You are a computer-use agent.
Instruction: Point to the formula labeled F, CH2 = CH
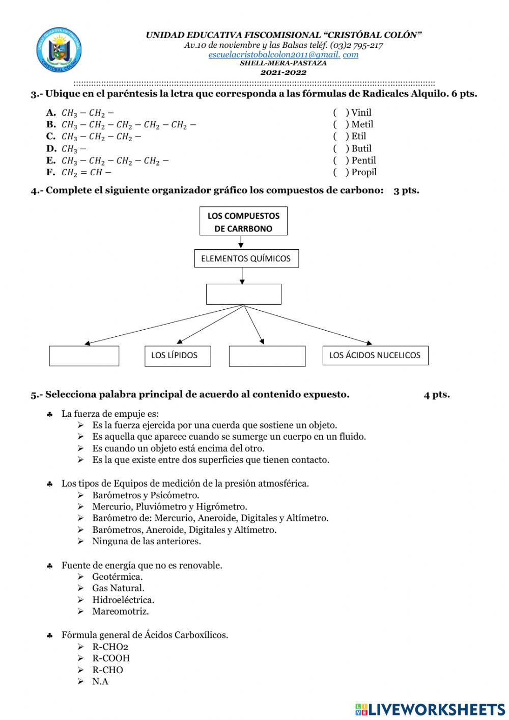[86, 172]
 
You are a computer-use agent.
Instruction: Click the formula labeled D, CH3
[74, 149]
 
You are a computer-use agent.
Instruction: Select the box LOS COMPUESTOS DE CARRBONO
[243, 222]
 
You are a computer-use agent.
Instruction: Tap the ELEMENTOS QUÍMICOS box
[246, 258]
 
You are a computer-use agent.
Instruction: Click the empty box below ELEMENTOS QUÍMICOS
[243, 294]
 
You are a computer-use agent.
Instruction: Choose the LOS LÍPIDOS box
[177, 356]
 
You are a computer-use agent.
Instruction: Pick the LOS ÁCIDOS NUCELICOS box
[375, 355]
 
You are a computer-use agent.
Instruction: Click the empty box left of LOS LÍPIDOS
[84, 356]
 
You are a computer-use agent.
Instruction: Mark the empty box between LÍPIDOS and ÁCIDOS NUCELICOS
[267, 356]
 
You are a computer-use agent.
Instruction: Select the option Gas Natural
[118, 588]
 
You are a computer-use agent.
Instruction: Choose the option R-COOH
[111, 658]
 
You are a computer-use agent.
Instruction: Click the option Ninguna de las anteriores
[146, 541]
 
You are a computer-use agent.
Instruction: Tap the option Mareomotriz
[120, 611]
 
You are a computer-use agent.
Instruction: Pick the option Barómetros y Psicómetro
[146, 495]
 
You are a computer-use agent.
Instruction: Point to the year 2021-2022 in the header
[284, 72]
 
